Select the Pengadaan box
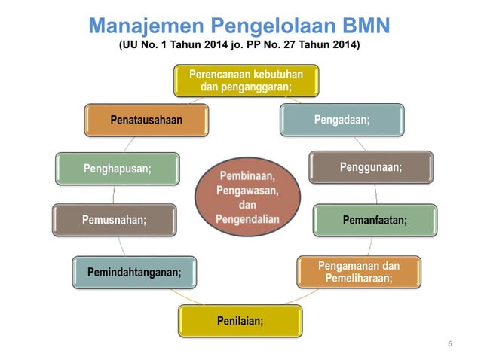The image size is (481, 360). point(342,119)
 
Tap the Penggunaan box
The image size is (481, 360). point(371,167)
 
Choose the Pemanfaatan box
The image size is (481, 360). point(375,220)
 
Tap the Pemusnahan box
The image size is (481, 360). point(114,220)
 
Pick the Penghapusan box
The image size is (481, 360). point(117,168)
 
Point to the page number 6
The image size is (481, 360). point(450,343)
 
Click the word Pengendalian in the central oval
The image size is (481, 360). point(247,220)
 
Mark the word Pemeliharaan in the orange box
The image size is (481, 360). point(358,279)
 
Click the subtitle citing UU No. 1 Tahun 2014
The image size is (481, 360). point(240,47)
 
